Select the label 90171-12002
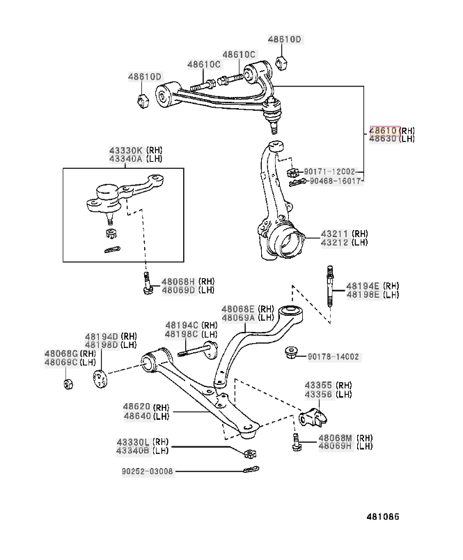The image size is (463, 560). [329, 172]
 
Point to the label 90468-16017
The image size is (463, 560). [336, 181]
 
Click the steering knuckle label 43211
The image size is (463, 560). [334, 234]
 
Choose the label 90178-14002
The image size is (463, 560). [333, 357]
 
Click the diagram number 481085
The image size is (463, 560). [383, 517]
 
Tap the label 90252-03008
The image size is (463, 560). [147, 471]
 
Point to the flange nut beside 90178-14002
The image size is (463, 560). [292, 353]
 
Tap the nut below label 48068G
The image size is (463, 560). [68, 384]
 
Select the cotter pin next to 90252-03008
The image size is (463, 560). [251, 469]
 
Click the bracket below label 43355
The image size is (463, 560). [313, 418]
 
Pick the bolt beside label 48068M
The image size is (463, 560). [296, 441]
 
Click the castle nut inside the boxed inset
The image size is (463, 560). [111, 234]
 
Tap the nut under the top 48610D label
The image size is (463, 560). [282, 63]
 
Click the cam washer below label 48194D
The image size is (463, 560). [100, 379]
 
